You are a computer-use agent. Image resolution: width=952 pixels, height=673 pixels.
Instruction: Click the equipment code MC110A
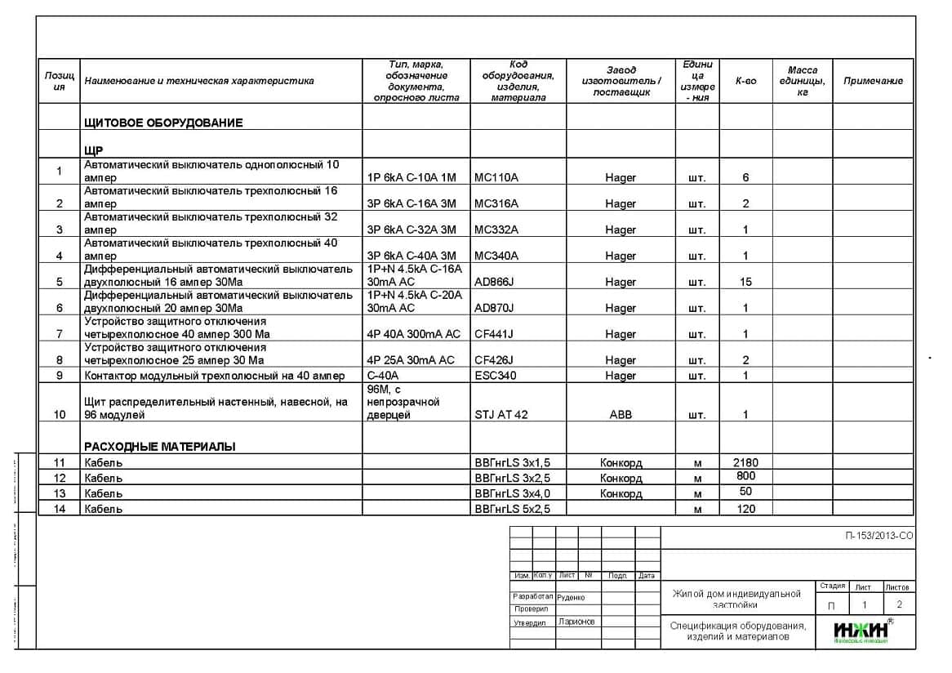[x=496, y=177]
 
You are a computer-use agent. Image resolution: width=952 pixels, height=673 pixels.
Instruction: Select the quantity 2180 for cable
[x=745, y=462]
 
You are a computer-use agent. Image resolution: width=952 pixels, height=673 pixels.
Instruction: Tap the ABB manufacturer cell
[x=621, y=414]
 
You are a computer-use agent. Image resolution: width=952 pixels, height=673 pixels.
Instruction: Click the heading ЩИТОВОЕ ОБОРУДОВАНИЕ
[x=163, y=123]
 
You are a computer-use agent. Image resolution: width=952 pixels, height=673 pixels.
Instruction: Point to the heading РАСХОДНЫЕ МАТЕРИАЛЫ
[x=160, y=446]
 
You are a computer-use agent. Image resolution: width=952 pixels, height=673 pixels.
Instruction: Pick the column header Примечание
[x=873, y=81]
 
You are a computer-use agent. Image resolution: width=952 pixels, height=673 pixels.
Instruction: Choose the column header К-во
[x=745, y=81]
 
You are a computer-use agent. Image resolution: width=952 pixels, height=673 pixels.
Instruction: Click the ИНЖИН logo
[x=861, y=631]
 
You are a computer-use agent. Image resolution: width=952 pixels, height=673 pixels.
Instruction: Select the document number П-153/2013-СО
[x=879, y=536]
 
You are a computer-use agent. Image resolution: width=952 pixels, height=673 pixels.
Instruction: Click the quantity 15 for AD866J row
[x=745, y=282]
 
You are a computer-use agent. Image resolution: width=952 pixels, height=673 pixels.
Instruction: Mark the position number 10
[x=60, y=414]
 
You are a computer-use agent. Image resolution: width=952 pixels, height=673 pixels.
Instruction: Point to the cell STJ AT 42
[x=501, y=414]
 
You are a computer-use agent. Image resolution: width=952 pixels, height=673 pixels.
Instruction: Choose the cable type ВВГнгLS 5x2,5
[x=512, y=509]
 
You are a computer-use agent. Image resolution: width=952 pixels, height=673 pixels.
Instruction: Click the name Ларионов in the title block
[x=576, y=622]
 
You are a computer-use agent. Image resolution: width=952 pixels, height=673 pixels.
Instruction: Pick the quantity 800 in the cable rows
[x=745, y=476]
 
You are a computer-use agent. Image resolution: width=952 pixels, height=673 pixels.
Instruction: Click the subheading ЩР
[x=93, y=150]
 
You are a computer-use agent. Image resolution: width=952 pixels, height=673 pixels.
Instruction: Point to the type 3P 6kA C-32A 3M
[x=412, y=230]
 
